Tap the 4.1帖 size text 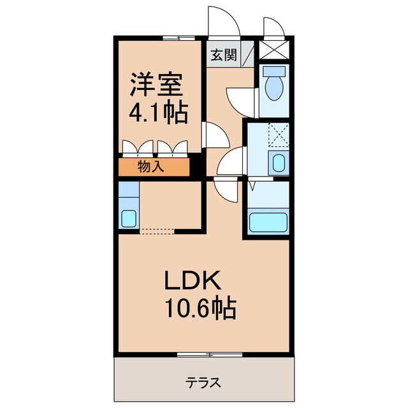(159, 113)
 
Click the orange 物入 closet (154, 168)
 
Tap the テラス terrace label (204, 382)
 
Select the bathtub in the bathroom (268, 222)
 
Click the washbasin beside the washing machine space (279, 163)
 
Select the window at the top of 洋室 (177, 38)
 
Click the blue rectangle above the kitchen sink (128, 189)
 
